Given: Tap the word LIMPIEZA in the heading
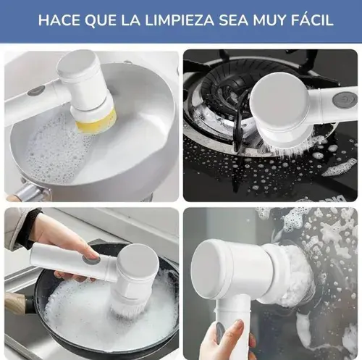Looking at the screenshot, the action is pyautogui.click(x=180, y=20).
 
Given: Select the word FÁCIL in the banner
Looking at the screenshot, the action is pyautogui.click(x=312, y=20).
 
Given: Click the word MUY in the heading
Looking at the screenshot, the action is pyautogui.click(x=269, y=20).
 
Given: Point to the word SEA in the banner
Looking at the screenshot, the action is pyautogui.click(x=233, y=20).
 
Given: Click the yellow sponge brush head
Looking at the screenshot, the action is pyautogui.click(x=97, y=122).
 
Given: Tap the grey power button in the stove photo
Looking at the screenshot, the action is pyautogui.click(x=345, y=99).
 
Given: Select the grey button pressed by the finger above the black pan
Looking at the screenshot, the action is pyautogui.click(x=91, y=259).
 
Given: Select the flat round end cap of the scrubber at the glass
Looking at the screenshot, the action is pyautogui.click(x=208, y=269).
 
